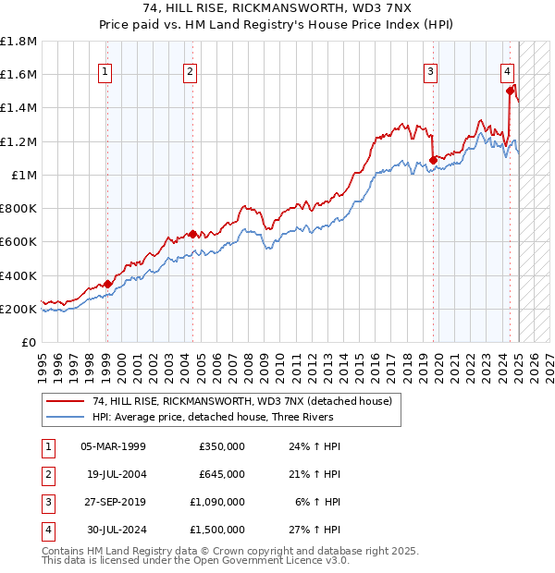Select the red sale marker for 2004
(x=192, y=234)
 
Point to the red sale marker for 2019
(x=433, y=160)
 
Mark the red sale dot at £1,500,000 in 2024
(x=510, y=91)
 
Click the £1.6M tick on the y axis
(x=18, y=74)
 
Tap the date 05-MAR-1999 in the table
(x=114, y=446)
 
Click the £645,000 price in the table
(x=222, y=474)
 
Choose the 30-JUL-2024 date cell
(x=114, y=530)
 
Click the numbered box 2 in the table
(x=45, y=474)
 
